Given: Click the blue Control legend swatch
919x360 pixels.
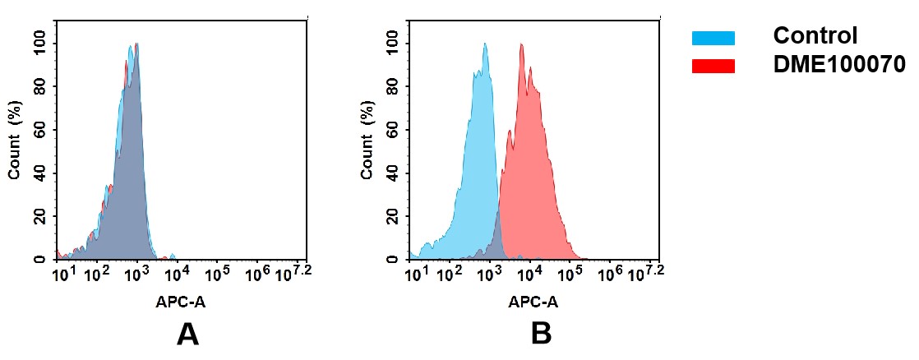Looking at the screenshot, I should pos(713,38).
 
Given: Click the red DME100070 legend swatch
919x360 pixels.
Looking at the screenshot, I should pos(713,66).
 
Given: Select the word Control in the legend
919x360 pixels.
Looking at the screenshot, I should pos(815,36).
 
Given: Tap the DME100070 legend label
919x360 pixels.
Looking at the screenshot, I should pos(838,65).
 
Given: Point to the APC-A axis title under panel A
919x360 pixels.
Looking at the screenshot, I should pos(181,302).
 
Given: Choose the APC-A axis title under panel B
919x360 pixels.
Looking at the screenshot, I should pos(533,302).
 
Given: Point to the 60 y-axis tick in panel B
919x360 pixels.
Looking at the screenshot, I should pos(393,130).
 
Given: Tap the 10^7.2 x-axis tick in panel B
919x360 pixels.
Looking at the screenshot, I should pos(646,271).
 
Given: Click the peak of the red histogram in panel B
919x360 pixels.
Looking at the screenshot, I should pos(521,44).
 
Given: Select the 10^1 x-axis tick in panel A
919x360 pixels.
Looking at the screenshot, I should pos(62,273).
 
